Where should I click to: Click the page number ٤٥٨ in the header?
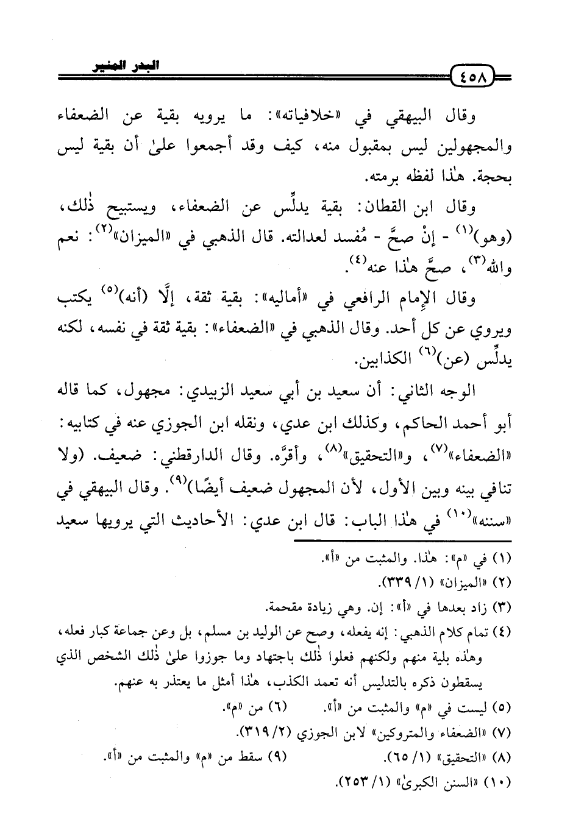pos(473,80)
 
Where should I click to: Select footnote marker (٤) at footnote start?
pos(499,631)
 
